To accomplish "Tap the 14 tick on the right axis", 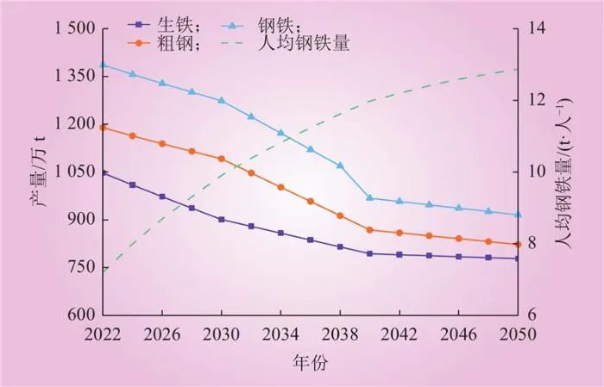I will pos(535,28).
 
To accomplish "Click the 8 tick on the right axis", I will pos(531,243).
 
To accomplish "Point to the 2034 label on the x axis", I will pos(280,333).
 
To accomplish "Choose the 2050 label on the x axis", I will pos(517,333).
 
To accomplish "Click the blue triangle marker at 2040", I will pos(369,198).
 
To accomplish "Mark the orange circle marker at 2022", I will pos(104,128).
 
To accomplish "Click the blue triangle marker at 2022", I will pos(104,65).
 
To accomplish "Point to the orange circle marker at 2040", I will pos(369,230).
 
